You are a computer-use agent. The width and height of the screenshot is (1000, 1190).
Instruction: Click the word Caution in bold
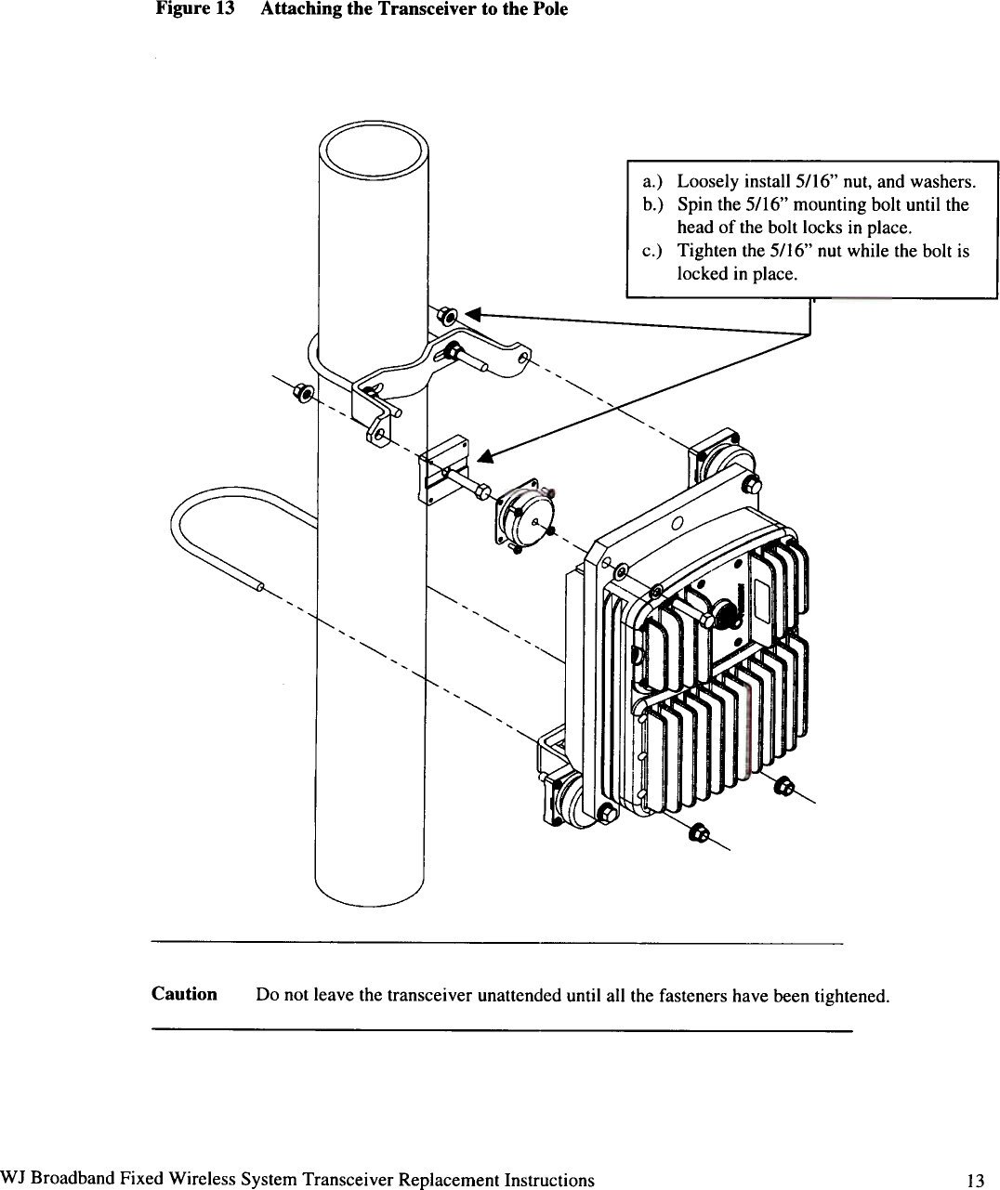184,994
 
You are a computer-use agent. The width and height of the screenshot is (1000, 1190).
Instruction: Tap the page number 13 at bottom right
974,1181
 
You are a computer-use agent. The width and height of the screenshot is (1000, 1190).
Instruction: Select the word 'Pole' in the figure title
549,9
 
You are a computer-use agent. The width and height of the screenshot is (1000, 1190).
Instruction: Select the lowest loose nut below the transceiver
698,830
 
